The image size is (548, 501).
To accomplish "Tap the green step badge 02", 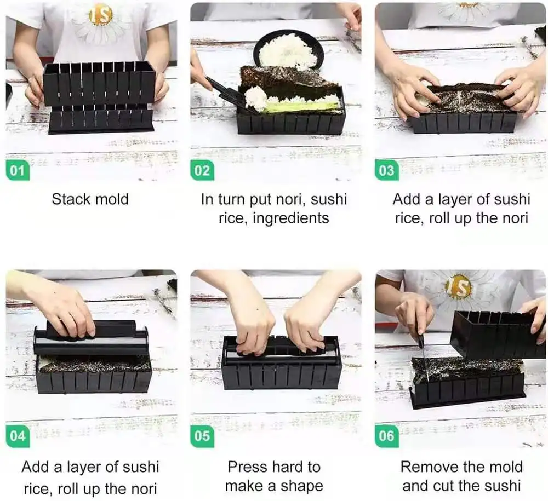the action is click(x=202, y=170).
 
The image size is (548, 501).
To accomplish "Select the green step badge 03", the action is click(x=386, y=170).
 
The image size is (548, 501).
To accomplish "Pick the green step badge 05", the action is click(x=202, y=436).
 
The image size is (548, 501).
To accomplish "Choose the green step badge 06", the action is click(x=386, y=436).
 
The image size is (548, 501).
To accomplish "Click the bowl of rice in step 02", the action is click(x=288, y=50).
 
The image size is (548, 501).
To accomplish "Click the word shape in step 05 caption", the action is click(x=302, y=486).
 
